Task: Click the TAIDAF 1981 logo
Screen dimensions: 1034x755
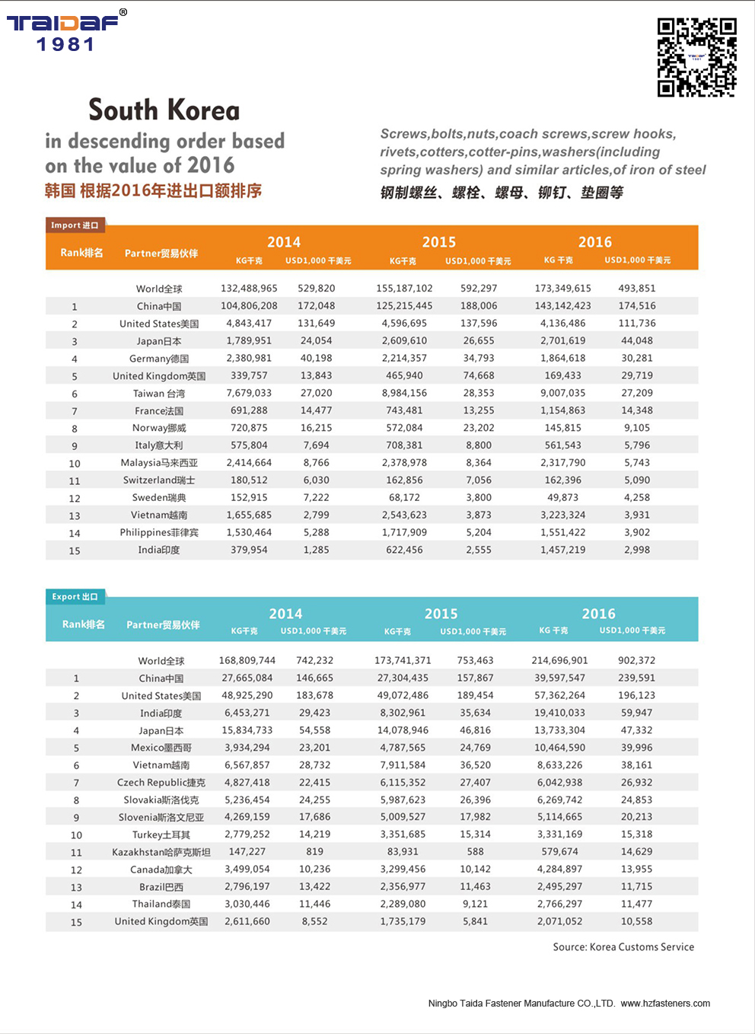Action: click(65, 31)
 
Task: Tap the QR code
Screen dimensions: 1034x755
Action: click(696, 57)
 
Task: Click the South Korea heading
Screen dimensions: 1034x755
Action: click(164, 110)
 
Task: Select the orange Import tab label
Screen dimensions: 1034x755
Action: click(75, 225)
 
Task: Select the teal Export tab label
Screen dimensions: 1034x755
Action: click(75, 597)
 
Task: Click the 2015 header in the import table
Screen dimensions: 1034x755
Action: click(439, 242)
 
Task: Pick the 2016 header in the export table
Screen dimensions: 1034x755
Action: click(598, 614)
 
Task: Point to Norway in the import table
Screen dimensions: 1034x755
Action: click(159, 428)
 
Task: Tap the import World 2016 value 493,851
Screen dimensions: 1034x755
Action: click(637, 289)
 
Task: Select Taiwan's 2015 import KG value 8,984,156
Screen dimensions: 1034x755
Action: click(404, 394)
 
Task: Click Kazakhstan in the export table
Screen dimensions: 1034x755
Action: click(161, 852)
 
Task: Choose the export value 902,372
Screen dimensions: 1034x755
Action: click(636, 661)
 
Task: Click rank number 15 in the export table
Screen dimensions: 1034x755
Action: click(76, 922)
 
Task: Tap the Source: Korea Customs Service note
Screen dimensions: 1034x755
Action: click(623, 947)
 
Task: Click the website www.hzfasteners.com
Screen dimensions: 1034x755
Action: click(665, 1004)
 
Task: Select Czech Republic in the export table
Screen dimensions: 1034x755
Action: click(161, 783)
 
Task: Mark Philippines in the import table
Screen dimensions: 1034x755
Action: click(159, 533)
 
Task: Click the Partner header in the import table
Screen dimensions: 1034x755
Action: click(161, 254)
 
